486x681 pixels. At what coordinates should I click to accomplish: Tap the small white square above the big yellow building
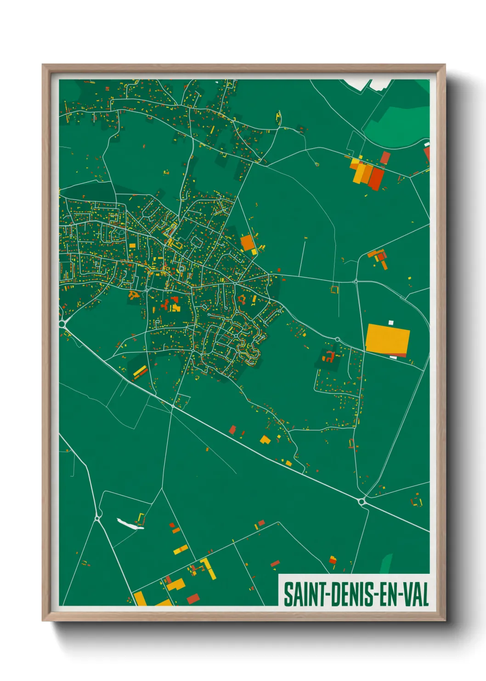pos(391,323)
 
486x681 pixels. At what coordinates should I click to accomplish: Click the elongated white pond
pos(130,524)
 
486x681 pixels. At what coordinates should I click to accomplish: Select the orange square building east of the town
pos(247,242)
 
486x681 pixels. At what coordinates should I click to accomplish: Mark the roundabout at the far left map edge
pos(62,323)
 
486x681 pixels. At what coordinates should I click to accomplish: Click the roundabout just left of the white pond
pos(97,519)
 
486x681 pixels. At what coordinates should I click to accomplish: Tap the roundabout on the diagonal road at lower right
pos(362,502)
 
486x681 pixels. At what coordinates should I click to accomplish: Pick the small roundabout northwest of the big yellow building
pos(337,340)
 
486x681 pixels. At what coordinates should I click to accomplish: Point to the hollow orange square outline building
pos(334,289)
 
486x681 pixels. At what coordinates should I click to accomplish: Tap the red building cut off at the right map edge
pos(427,154)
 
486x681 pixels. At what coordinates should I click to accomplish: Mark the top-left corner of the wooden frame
pos(43,65)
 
